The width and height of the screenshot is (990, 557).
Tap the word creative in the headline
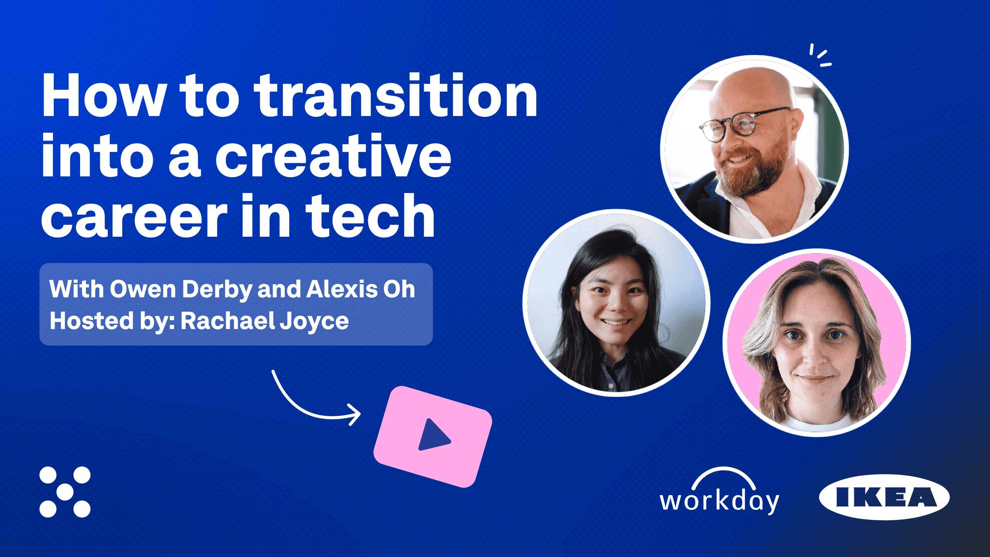click(333, 156)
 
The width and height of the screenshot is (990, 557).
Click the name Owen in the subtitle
click(143, 289)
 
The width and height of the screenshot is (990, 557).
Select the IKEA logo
click(884, 497)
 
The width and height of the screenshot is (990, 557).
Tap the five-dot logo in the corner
click(65, 492)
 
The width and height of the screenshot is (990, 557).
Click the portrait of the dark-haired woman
click(616, 303)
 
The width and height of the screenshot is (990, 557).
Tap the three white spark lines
click(820, 56)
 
